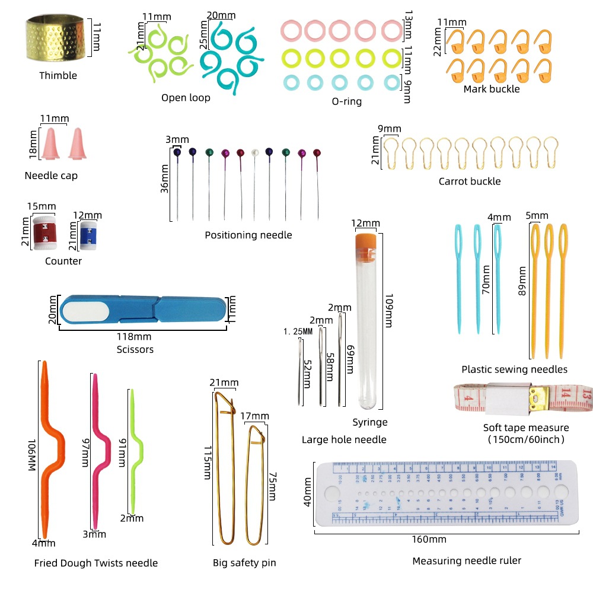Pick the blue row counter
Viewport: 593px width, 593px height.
point(87,234)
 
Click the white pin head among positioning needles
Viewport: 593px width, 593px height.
point(255,152)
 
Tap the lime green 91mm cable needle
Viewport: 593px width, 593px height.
point(136,451)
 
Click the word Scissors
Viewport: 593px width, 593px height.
point(135,349)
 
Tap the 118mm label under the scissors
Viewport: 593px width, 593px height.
point(135,337)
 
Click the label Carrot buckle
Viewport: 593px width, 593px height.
point(469,181)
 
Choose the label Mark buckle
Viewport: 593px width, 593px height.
point(492,89)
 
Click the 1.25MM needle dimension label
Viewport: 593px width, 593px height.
point(298,331)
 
